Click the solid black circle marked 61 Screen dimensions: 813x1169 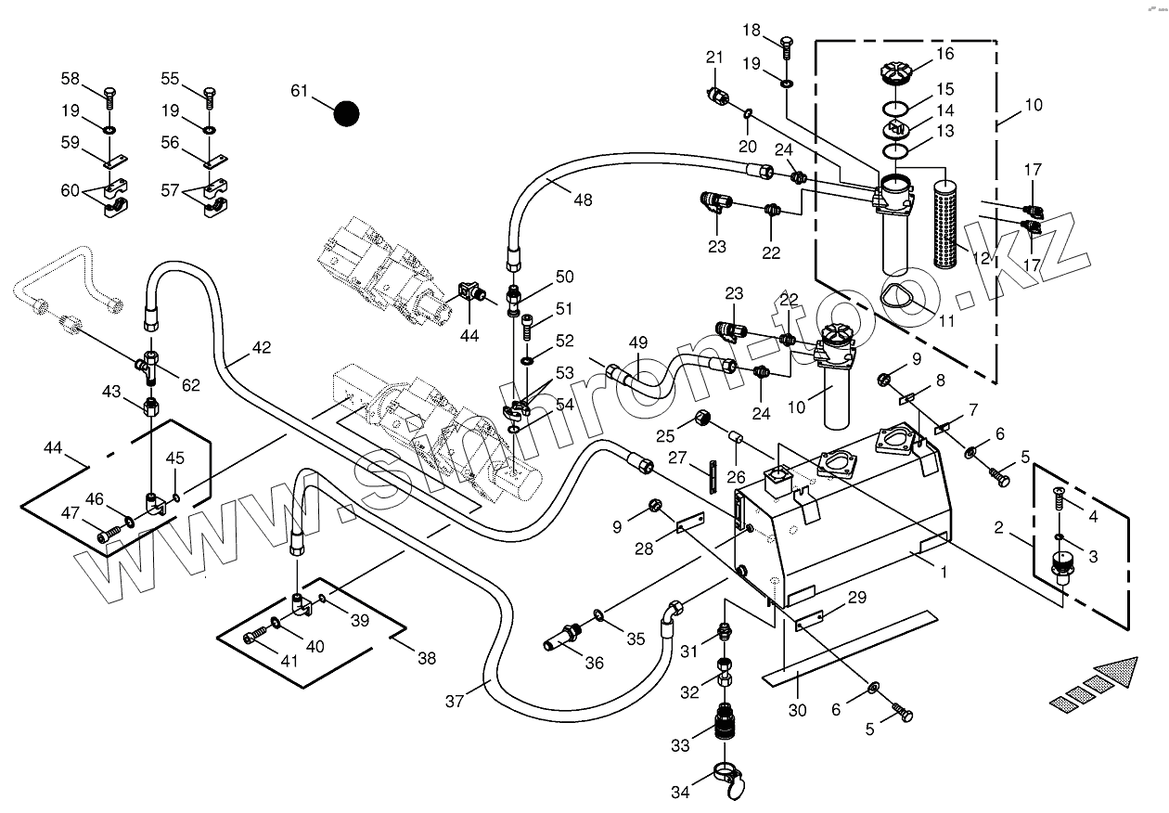346,113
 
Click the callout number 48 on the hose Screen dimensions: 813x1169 582,200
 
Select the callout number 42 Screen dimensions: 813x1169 262,348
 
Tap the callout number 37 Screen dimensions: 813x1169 454,702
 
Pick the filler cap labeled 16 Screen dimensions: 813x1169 894,71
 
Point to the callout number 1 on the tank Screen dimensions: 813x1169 944,573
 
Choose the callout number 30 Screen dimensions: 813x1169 798,710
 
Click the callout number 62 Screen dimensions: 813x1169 190,385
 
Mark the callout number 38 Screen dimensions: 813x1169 426,659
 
